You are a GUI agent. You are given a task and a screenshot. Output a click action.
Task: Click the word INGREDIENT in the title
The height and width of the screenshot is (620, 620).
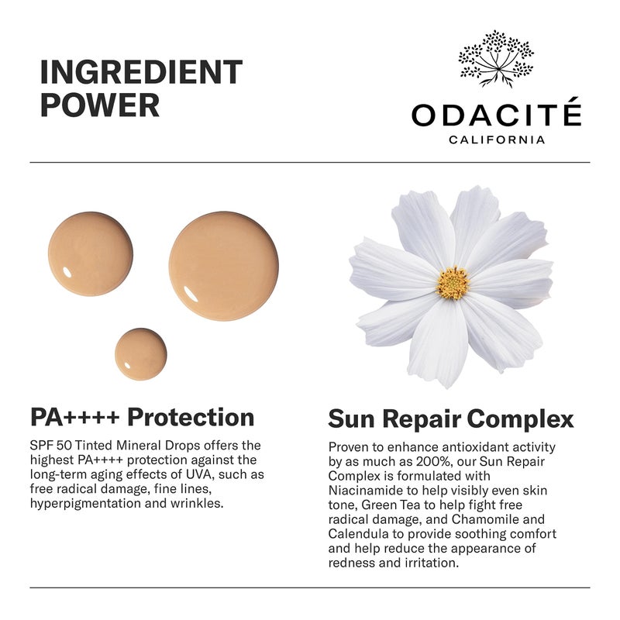click(141, 71)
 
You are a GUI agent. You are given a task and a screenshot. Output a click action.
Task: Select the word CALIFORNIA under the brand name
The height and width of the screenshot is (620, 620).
click(496, 140)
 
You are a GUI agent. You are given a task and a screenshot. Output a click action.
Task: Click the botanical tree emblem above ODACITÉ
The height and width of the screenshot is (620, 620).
click(496, 57)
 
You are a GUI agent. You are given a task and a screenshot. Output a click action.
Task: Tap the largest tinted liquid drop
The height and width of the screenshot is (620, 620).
click(223, 266)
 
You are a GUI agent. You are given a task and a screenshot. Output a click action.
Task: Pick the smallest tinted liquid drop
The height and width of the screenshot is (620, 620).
click(140, 354)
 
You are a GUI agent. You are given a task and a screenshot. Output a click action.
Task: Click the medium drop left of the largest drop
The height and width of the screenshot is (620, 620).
click(90, 253)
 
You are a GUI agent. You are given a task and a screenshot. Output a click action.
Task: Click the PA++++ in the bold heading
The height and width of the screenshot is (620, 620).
click(74, 417)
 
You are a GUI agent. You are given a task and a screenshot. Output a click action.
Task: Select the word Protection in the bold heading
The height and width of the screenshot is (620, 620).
click(191, 417)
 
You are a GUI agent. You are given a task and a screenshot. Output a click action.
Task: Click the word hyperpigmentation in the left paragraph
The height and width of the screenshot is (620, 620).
click(83, 503)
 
